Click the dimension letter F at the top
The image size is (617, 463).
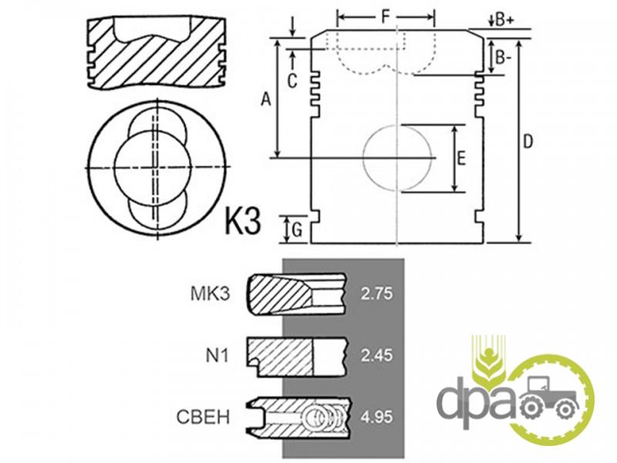[386, 16]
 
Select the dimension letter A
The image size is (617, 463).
[266, 100]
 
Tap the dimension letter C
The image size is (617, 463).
[292, 82]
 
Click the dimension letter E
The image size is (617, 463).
[460, 158]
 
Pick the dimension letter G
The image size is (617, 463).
[297, 229]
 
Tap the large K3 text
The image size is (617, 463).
[243, 221]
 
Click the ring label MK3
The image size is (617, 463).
[209, 294]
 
